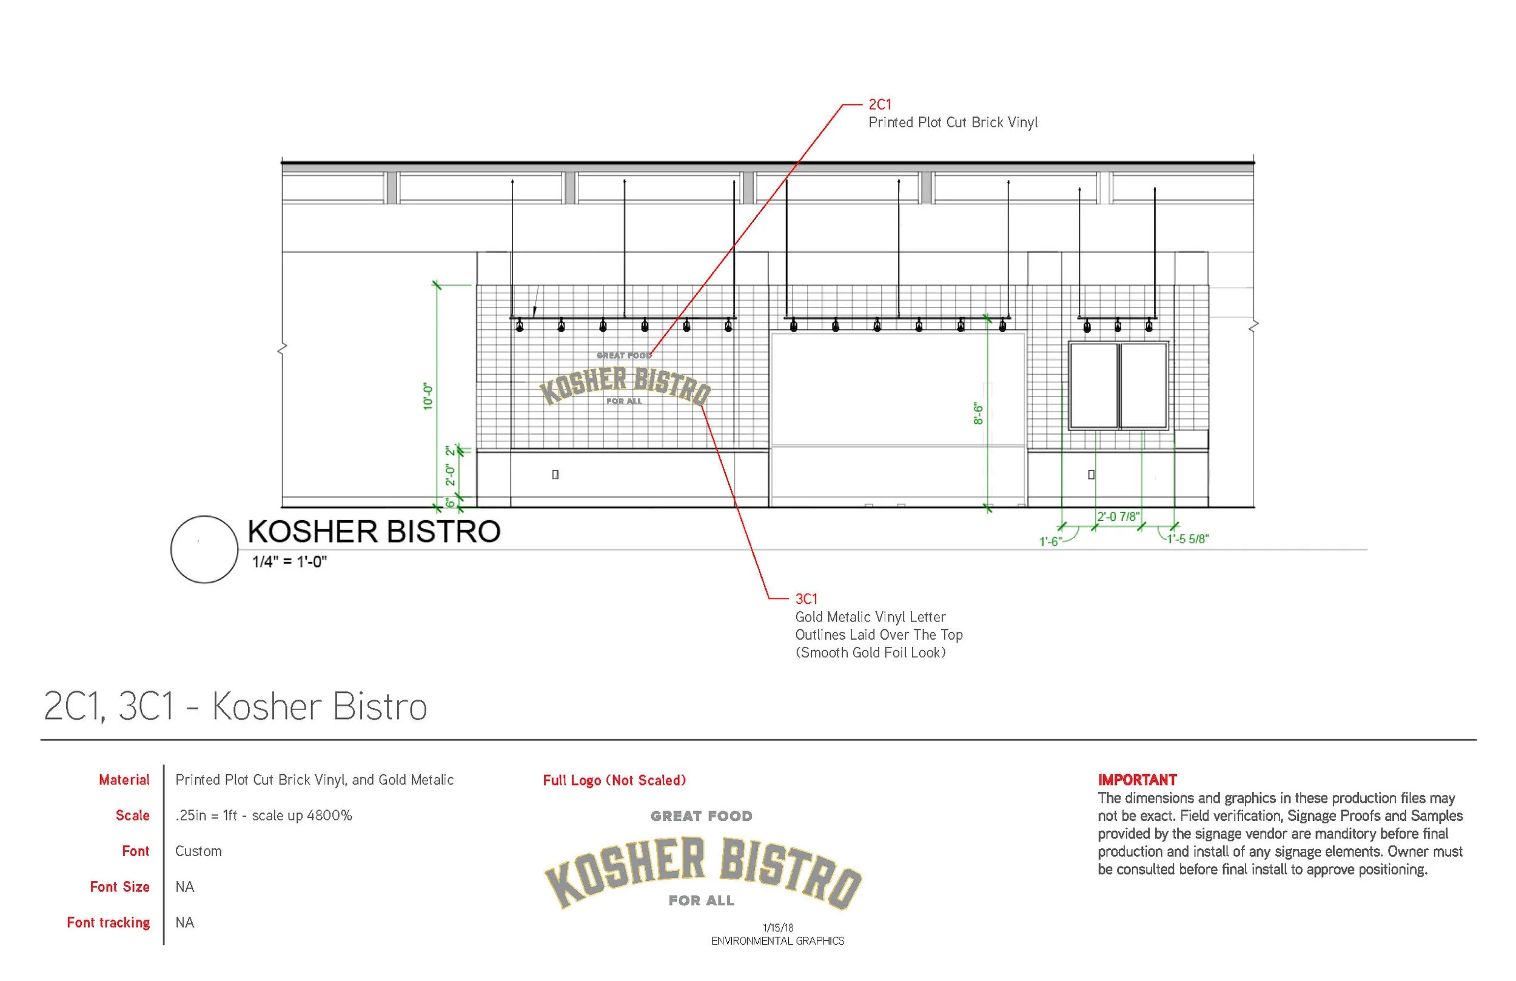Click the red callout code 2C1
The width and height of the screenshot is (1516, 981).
point(880,104)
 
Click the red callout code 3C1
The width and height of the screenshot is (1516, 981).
point(806,599)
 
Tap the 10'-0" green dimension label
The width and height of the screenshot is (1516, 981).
point(428,397)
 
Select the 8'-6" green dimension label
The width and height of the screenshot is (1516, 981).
point(978,413)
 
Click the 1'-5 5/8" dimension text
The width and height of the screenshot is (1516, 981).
point(1188,539)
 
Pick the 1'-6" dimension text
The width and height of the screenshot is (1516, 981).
point(1050,541)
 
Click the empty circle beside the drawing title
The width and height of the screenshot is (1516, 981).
point(204,549)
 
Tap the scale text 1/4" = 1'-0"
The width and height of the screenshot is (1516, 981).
point(289,562)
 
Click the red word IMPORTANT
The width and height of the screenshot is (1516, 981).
point(1137,780)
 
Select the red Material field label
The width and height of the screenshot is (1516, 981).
point(124,780)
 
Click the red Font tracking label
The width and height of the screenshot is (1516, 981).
point(109,922)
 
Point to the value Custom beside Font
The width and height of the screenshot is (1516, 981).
point(198,851)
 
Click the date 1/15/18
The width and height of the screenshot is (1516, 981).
point(778,928)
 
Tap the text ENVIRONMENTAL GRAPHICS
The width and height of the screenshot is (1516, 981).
point(778,941)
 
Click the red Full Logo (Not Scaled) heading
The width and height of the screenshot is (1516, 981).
point(614,780)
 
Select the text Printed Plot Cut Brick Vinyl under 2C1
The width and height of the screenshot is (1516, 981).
point(953,122)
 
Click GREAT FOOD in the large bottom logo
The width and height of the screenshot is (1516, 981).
point(702,816)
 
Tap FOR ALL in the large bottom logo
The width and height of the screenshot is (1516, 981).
point(702,901)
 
